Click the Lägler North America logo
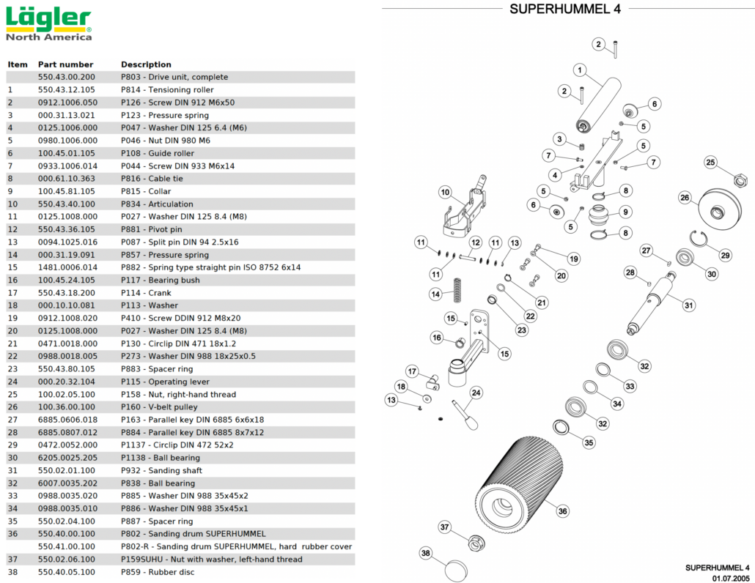(49, 23)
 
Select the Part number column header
(65, 64)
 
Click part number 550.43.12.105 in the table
(67, 90)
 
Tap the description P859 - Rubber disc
(158, 572)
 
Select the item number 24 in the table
(12, 382)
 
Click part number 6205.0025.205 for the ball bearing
(67, 458)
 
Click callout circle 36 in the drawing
(562, 511)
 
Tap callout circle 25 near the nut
(710, 162)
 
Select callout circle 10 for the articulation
(445, 193)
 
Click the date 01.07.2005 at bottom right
(729, 578)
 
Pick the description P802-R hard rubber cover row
(236, 546)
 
